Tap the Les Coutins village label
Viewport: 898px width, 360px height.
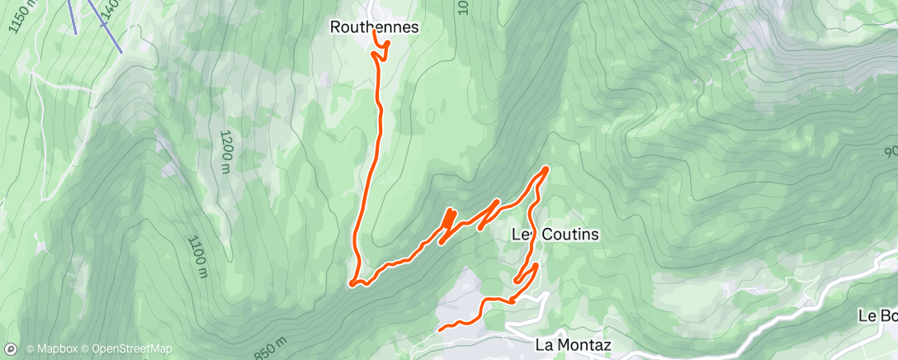[x=555, y=234]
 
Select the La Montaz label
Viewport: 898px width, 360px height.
[x=573, y=344]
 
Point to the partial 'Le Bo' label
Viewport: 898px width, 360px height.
[x=877, y=315]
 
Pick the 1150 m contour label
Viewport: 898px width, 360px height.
[x=24, y=17]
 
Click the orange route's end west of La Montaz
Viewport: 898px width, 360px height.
[x=439, y=329]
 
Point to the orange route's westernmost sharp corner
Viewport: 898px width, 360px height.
[x=352, y=284]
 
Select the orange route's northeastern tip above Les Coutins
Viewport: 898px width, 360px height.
[x=546, y=168]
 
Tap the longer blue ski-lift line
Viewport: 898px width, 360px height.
[x=107, y=25]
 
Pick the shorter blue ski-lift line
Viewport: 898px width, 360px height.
[x=73, y=17]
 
